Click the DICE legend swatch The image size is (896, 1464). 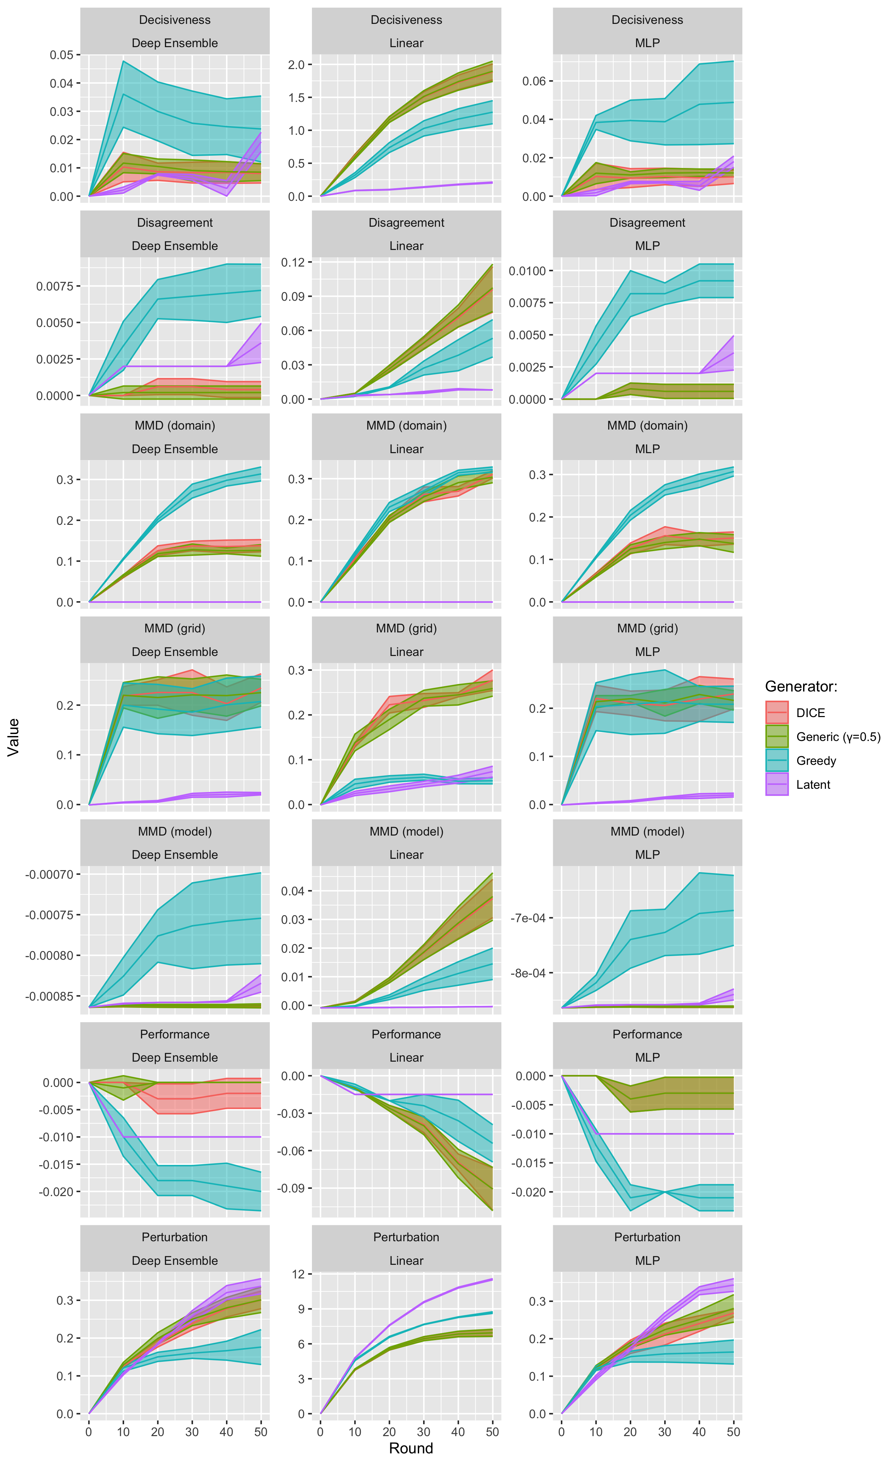point(777,712)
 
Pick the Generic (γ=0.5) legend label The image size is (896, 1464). point(838,737)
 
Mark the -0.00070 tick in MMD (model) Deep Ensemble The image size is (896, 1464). point(49,875)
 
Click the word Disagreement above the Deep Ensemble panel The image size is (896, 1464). point(175,223)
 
